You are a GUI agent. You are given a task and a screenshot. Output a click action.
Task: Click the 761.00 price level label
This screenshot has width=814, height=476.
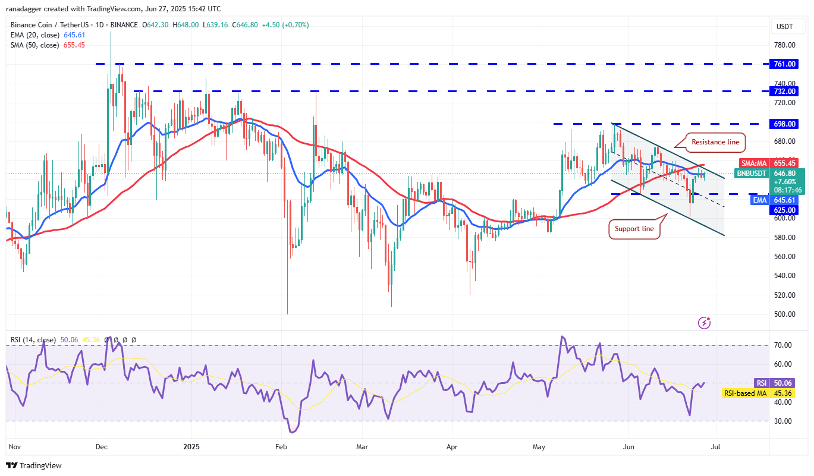[785, 64]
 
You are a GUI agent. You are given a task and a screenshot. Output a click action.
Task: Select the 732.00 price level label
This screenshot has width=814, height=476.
[785, 91]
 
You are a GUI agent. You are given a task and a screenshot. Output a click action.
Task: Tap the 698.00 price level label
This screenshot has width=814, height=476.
[785, 124]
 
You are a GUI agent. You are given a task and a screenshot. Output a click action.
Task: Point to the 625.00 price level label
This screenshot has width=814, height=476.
[785, 210]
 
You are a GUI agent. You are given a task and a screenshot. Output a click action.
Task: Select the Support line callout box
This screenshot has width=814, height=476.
[634, 229]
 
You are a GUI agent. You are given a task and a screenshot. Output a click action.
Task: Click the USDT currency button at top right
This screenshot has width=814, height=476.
[785, 26]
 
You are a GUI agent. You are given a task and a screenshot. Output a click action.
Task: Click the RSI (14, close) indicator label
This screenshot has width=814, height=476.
[33, 340]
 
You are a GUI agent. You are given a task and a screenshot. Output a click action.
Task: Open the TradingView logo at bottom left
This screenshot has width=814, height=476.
[33, 465]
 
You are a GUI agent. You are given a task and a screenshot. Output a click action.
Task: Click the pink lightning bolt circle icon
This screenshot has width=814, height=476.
[704, 323]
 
